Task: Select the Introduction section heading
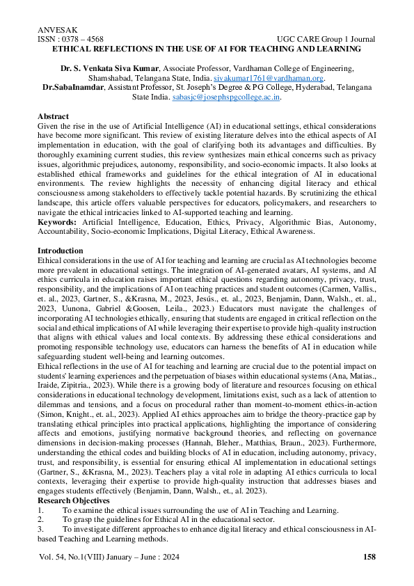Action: [x=60, y=251]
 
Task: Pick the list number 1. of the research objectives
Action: [x=40, y=471]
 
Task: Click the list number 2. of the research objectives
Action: [x=40, y=481]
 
